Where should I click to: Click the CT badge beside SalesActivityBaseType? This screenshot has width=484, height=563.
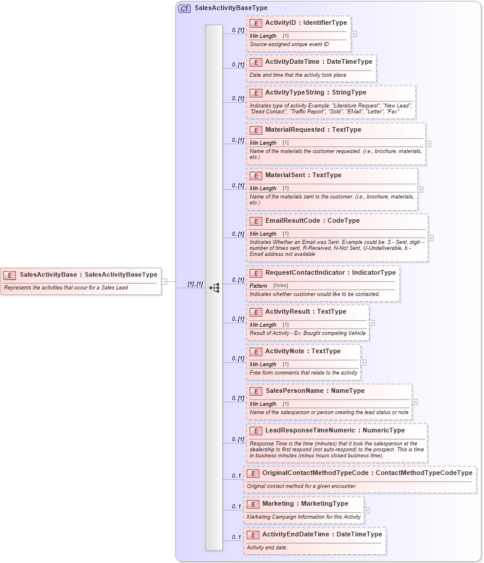(x=184, y=8)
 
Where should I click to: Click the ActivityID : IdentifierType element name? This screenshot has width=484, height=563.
(x=306, y=23)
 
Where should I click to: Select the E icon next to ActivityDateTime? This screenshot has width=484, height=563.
(x=256, y=62)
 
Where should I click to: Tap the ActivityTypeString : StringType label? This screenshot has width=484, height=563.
(x=316, y=93)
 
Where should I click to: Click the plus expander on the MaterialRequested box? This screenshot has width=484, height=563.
(x=428, y=144)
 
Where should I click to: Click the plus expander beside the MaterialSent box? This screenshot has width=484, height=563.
(x=420, y=190)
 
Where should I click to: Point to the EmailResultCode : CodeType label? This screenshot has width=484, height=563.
(x=312, y=221)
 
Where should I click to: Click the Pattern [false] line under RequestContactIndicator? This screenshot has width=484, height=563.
(x=269, y=285)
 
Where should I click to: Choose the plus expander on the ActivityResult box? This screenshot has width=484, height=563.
(x=372, y=323)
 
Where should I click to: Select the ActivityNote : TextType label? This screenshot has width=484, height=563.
(x=303, y=352)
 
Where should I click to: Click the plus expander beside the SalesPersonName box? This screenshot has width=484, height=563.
(x=414, y=402)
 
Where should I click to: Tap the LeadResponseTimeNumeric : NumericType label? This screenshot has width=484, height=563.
(x=334, y=431)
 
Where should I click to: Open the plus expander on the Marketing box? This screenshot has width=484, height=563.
(x=367, y=510)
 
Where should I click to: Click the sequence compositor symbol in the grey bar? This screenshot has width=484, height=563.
(x=214, y=288)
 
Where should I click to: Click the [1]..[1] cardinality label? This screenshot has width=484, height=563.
(x=195, y=284)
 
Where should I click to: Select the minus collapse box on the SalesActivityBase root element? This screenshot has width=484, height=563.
(x=164, y=282)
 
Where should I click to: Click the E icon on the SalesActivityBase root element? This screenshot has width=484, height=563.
(x=10, y=275)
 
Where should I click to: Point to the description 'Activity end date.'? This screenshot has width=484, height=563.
(x=267, y=548)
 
